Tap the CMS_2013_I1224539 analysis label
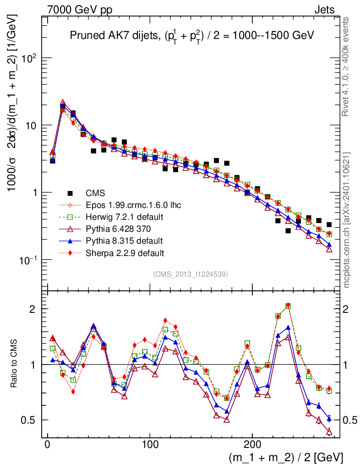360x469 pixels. [x=190, y=274]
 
